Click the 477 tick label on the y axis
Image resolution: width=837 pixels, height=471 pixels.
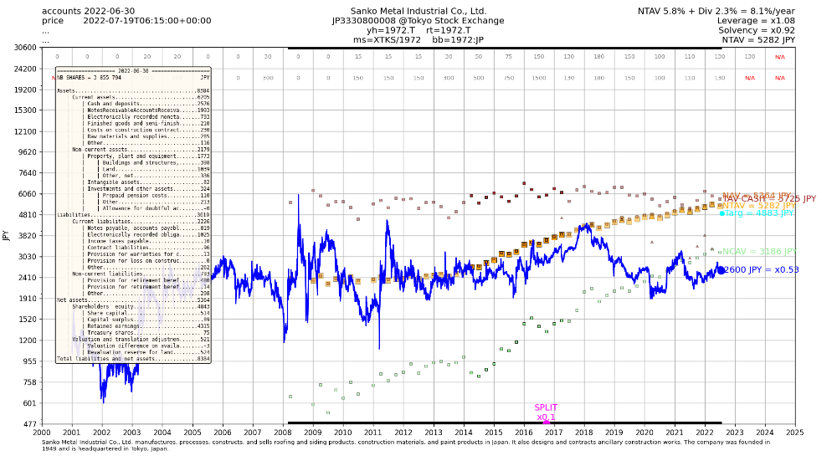coord(28,424)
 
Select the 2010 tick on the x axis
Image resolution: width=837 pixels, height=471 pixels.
coord(343,433)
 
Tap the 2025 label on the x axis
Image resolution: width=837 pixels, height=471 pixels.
coord(795,433)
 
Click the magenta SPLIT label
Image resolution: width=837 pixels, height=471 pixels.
coord(546,407)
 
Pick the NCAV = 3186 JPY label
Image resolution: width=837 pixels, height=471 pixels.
coord(759,251)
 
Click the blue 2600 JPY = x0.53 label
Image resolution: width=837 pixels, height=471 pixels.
coord(762,270)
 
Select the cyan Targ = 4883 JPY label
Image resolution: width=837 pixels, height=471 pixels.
coord(759,213)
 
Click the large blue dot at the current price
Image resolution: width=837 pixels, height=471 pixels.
coord(721,270)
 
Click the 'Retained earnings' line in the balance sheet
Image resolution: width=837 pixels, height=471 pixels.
coord(138,325)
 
